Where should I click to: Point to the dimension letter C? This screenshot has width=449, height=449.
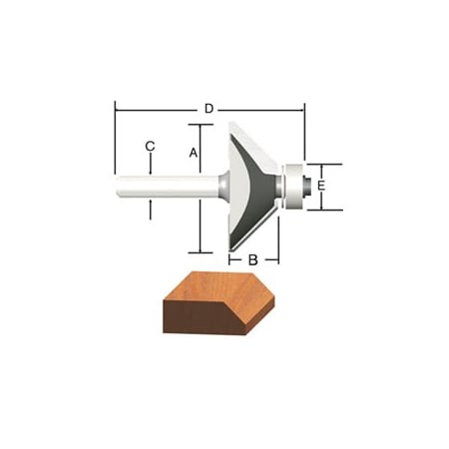click(x=150, y=147)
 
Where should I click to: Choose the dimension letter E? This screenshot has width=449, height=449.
click(x=320, y=187)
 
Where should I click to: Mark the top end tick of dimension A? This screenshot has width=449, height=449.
click(x=201, y=125)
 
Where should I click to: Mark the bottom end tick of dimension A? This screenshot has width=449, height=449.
click(x=201, y=252)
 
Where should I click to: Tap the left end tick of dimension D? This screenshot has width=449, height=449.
click(x=116, y=107)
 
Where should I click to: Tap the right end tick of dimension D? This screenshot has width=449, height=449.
click(x=303, y=107)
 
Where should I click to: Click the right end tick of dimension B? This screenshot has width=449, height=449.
click(x=278, y=256)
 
